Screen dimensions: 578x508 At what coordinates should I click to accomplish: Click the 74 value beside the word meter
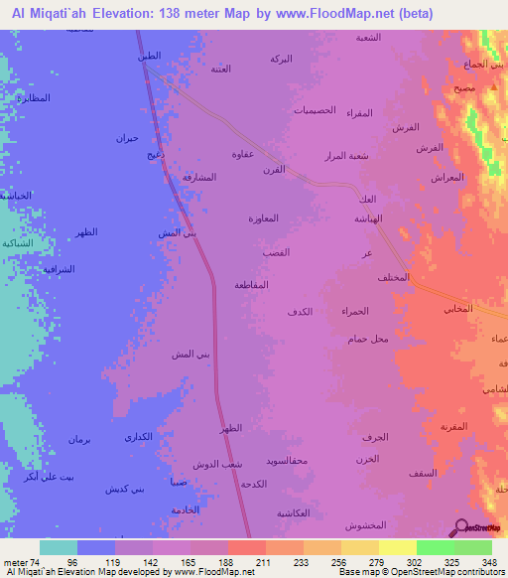(x=40, y=562)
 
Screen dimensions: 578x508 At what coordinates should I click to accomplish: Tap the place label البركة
(x=281, y=60)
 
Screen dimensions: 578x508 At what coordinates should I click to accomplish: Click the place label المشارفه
(x=199, y=177)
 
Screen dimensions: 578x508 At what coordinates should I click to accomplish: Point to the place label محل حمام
(x=368, y=340)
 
